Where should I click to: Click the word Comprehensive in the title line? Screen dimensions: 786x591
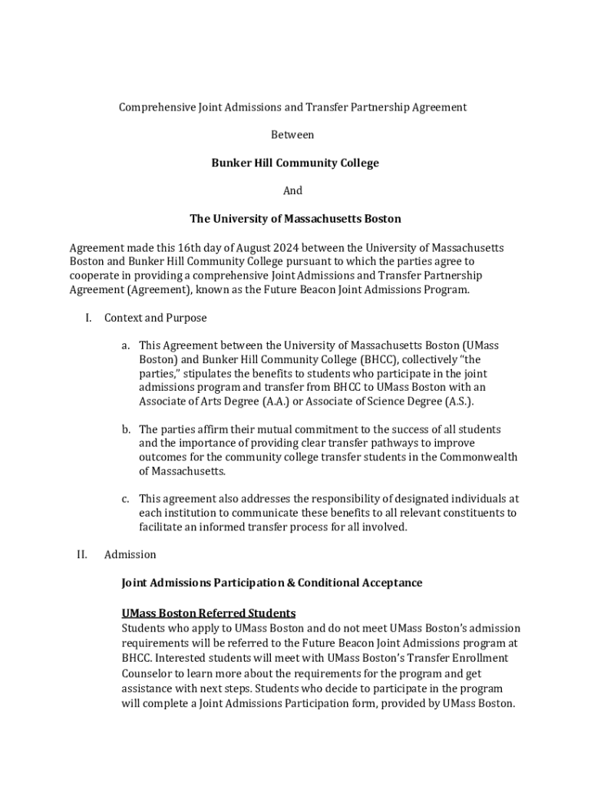coord(154,107)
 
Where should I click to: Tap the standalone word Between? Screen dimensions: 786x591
coord(292,135)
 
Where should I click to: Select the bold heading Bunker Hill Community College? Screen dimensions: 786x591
coord(295,163)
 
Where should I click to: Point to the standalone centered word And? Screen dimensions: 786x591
coord(293,190)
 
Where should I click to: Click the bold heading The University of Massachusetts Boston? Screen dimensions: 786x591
coord(295,219)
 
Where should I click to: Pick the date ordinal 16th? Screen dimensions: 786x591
coord(184,248)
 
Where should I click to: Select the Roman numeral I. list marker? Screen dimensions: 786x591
coord(88,318)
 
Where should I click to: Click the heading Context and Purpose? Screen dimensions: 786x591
coord(156,318)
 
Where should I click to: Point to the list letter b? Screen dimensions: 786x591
coord(124,430)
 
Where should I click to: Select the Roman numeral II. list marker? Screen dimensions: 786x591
coord(82,554)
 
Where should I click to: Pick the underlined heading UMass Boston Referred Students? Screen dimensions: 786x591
coord(209,613)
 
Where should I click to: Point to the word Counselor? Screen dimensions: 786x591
coord(147,673)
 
